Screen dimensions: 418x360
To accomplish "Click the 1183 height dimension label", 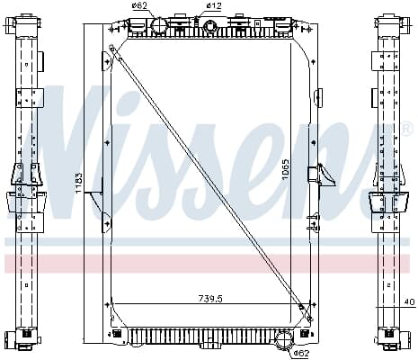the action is point(78,182).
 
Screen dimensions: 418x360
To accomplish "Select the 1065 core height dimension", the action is point(286,170).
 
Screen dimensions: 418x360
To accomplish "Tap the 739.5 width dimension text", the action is point(210,299).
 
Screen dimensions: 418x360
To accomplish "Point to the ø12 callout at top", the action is point(214,5).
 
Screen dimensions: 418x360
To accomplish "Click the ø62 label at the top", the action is point(139,5).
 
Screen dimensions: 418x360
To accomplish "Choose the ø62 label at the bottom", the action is point(301,353).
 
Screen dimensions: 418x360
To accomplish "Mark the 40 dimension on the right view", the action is point(411,301).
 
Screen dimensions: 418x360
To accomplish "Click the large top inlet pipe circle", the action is point(158,27).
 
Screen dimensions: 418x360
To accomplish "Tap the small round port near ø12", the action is point(209,26).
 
